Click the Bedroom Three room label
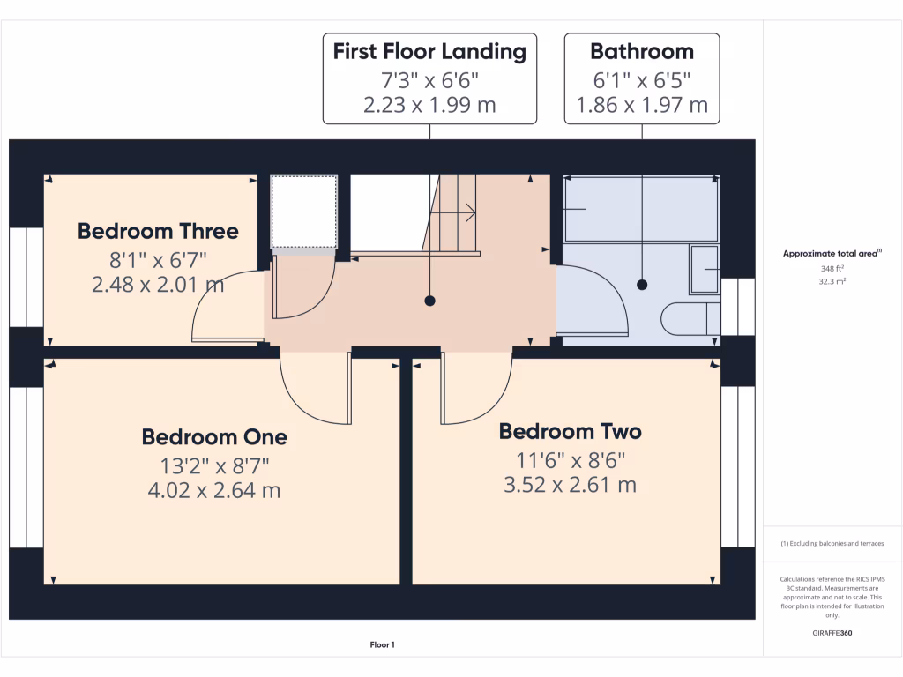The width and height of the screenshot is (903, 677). click(x=158, y=231)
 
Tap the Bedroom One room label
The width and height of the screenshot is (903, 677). click(x=214, y=436)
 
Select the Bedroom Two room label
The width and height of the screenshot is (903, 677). click(x=570, y=431)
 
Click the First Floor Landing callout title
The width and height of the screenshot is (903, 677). click(x=429, y=51)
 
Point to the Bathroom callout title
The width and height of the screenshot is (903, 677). click(x=641, y=51)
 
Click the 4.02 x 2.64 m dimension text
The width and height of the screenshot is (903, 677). click(x=214, y=490)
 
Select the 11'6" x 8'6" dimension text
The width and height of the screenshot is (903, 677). click(x=570, y=459)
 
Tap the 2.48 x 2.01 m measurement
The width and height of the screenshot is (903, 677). click(x=158, y=285)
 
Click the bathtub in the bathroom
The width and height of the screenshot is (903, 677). click(x=640, y=209)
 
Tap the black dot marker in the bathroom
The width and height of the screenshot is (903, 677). click(x=642, y=285)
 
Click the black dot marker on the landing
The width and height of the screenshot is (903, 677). click(x=430, y=301)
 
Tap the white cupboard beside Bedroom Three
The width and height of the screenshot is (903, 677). click(x=303, y=212)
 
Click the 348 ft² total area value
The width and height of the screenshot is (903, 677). click(x=832, y=268)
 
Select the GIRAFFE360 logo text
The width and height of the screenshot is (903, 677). click(x=832, y=633)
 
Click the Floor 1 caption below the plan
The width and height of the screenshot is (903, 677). click(x=382, y=645)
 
